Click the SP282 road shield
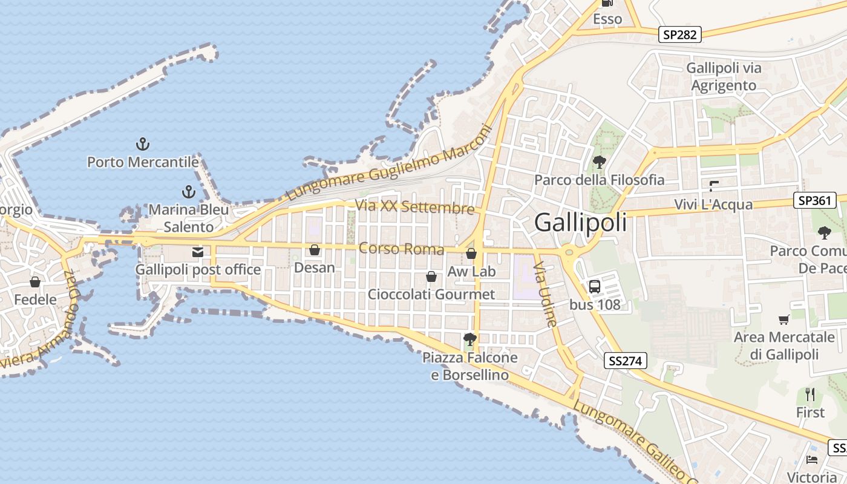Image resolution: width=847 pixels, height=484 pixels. point(679,34)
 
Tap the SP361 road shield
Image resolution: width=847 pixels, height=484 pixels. point(814,200)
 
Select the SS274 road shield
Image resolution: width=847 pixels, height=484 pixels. point(626,361)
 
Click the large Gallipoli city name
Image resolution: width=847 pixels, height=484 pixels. point(581,223)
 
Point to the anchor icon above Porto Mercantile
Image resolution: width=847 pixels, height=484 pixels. point(143,144)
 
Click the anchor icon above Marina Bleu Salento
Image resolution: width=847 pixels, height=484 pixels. point(189,192)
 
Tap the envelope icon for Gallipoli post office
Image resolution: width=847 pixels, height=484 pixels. point(198,252)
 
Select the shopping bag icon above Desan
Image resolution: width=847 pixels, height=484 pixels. point(315,250)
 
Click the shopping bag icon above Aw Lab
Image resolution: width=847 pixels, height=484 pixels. point(471,253)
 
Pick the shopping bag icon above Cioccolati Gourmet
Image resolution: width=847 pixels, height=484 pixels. point(431,277)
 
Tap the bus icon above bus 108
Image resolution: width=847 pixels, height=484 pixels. point(595,286)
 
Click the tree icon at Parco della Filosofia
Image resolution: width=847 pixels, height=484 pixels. point(600,162)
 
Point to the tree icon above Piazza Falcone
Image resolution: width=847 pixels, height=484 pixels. point(469,339)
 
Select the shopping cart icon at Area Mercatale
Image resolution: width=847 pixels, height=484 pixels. point(784,319)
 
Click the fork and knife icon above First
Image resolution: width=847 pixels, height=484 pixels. point(810,395)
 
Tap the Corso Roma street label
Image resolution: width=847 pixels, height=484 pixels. point(401,249)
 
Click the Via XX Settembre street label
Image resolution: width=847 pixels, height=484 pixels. point(414,207)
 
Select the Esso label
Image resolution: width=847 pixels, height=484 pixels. point(607,19)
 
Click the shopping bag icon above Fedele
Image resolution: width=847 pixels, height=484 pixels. point(35,282)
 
